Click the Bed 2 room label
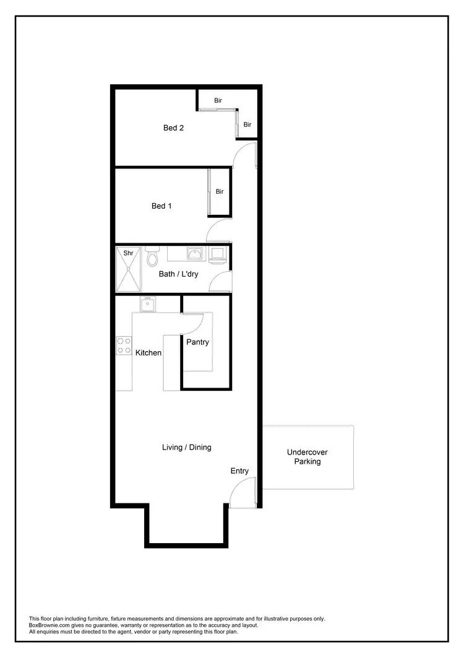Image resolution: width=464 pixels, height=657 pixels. (173, 128)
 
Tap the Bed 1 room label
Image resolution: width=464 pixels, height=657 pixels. (161, 206)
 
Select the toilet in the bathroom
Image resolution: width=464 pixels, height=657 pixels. (153, 257)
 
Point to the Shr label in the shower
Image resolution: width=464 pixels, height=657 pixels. (129, 253)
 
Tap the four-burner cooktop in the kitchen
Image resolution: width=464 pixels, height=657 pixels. (124, 346)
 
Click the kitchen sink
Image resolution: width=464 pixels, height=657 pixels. (147, 304)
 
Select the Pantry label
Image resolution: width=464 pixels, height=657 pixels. (197, 342)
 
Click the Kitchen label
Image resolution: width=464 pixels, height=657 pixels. (148, 353)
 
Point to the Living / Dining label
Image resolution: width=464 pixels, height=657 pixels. (186, 447)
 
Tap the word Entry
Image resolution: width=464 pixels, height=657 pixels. (239, 471)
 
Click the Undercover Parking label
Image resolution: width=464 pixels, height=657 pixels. (307, 457)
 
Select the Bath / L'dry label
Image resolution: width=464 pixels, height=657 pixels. (178, 274)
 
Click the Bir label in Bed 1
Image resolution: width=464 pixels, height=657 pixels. (220, 192)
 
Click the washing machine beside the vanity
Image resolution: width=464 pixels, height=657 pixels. (217, 255)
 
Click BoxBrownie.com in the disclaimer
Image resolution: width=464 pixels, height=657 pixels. (49, 625)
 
